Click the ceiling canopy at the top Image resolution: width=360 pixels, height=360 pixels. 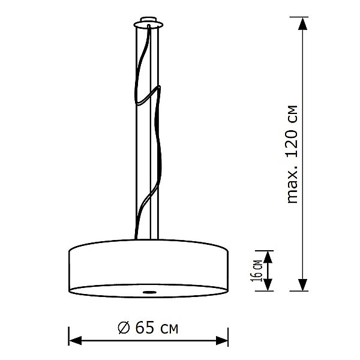(147, 24)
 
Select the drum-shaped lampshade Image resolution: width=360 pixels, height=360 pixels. (148, 264)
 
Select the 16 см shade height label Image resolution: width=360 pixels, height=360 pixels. (256, 270)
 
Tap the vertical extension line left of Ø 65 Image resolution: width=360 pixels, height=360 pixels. (68, 336)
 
